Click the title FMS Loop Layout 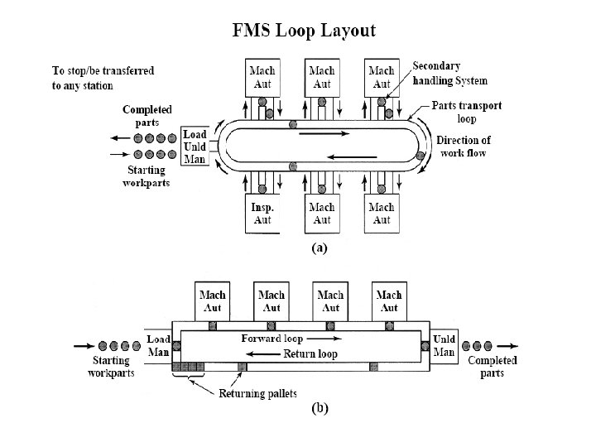click(x=304, y=31)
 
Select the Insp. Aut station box click(x=262, y=214)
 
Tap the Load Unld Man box click(x=195, y=147)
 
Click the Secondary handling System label click(x=449, y=74)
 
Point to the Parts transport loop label click(x=466, y=112)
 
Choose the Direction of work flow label click(x=464, y=147)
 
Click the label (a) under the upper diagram click(x=320, y=248)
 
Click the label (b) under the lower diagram click(x=320, y=408)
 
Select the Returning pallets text click(x=257, y=393)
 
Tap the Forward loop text click(x=272, y=339)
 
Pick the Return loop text click(x=310, y=354)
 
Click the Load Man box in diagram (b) click(x=158, y=346)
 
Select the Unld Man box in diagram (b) click(x=444, y=346)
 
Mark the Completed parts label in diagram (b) click(x=493, y=367)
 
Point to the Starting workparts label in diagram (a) click(x=147, y=176)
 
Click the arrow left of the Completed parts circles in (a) click(x=120, y=138)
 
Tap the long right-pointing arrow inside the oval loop click(x=324, y=133)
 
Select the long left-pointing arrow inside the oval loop click(x=352, y=156)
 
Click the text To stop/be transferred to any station click(x=103, y=79)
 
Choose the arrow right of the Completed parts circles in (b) click(x=507, y=346)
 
